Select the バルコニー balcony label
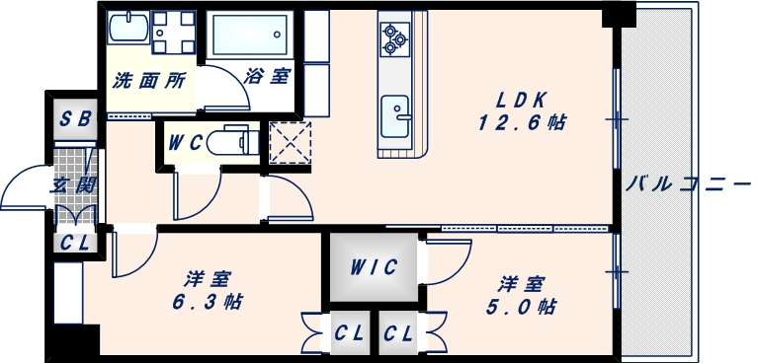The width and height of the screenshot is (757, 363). (689, 182)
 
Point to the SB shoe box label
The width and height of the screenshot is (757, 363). (76, 120)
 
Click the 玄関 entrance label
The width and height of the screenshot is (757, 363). (73, 182)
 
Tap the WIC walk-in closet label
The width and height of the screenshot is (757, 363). (374, 266)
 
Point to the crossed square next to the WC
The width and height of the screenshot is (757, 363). (289, 141)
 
